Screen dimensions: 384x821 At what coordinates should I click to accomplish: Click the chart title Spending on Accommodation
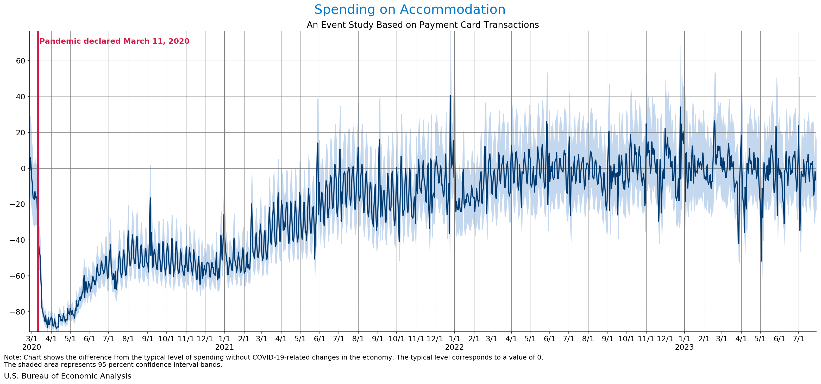point(410,10)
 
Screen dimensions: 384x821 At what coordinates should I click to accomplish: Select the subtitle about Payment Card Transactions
point(423,25)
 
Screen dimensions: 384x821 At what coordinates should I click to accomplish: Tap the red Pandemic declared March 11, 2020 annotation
point(114,41)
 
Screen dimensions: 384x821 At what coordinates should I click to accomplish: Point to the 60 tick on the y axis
point(20,61)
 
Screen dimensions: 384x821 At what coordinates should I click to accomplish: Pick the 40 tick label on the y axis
point(20,97)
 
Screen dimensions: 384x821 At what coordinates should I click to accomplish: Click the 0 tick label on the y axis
point(23,168)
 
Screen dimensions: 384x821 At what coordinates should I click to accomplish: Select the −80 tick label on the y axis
point(17,312)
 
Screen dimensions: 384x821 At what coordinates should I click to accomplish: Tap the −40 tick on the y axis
point(17,240)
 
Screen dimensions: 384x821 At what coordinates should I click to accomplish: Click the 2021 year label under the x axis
point(224,347)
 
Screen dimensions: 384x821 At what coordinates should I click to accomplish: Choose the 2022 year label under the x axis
point(454,347)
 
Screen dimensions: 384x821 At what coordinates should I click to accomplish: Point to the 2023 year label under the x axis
point(684,347)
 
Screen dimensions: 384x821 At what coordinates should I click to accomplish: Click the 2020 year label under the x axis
point(32,347)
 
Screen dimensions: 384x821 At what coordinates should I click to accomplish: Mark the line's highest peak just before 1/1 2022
point(450,95)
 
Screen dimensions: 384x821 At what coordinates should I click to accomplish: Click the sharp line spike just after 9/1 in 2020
point(150,198)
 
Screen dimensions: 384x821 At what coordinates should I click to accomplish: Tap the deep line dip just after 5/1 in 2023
point(761,261)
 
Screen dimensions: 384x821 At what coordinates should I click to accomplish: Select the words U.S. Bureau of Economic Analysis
point(67,376)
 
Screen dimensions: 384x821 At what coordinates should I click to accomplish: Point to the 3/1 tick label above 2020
point(32,338)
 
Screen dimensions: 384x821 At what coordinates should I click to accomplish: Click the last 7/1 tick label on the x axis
point(798,338)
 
